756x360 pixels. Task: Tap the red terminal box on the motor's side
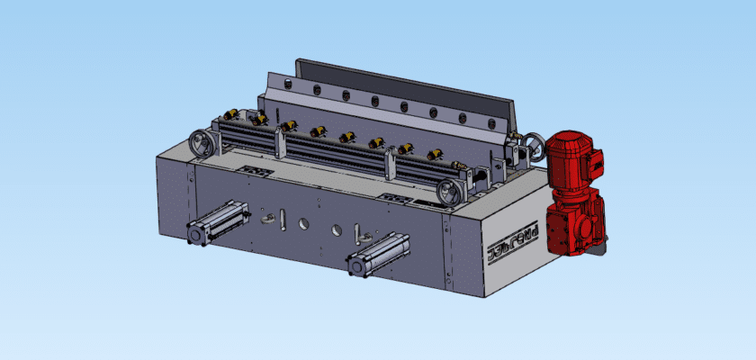[x=595, y=162]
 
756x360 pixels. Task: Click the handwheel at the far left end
[x=199, y=142]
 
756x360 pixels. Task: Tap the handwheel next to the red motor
[x=535, y=147]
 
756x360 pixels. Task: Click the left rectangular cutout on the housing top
[x=256, y=170]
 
